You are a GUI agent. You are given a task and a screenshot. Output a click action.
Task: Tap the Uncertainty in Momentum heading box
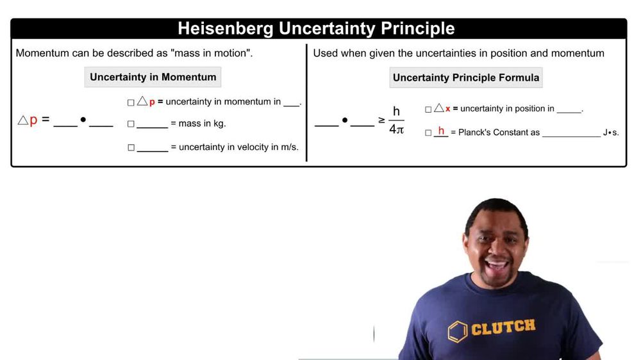(x=153, y=77)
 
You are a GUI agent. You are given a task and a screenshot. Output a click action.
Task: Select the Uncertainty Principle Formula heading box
(x=466, y=78)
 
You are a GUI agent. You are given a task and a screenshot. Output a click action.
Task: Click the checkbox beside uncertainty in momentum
(x=131, y=102)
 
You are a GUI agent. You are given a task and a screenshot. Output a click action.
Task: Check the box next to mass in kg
(x=131, y=124)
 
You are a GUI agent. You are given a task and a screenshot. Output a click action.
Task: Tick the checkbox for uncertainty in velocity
(x=131, y=148)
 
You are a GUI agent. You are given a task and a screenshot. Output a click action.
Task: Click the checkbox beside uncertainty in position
(x=428, y=110)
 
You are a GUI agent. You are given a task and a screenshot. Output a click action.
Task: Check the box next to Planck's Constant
(x=428, y=133)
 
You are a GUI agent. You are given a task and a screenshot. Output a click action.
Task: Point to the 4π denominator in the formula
(x=396, y=129)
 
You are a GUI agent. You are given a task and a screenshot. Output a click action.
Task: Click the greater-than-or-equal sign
(x=381, y=120)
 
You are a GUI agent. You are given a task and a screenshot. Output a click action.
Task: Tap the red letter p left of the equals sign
(x=33, y=120)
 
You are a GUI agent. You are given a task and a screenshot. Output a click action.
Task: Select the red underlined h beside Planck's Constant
(x=441, y=131)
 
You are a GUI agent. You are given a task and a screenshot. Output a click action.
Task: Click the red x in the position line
(x=447, y=109)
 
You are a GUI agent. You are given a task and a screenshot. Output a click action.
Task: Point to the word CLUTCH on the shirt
(x=503, y=327)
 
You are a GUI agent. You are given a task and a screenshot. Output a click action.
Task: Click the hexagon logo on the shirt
(x=457, y=331)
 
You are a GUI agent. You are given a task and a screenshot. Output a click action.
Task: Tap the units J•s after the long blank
(x=611, y=133)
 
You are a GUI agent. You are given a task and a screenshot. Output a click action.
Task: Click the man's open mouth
(x=497, y=263)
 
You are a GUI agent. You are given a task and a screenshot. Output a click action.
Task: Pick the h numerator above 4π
(x=396, y=111)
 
